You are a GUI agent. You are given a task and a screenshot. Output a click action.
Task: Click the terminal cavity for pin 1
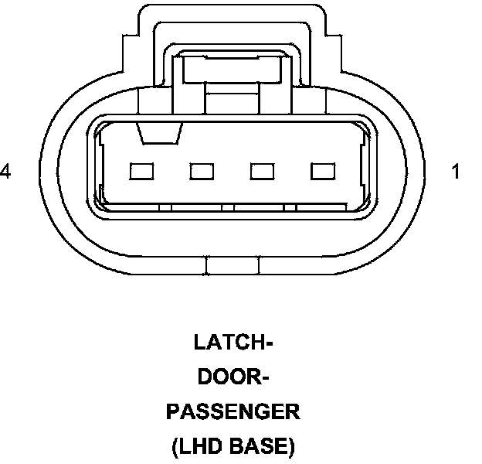[321, 171]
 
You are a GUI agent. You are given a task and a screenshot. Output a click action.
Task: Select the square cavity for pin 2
[262, 171]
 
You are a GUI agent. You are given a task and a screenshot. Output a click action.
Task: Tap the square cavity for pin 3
[202, 171]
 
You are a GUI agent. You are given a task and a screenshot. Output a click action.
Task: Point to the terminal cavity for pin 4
[142, 171]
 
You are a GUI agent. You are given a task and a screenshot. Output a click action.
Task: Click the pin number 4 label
[5, 172]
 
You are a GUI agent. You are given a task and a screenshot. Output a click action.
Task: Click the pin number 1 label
[456, 172]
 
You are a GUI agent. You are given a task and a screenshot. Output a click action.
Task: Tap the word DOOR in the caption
[229, 377]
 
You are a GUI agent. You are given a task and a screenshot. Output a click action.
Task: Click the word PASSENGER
[233, 412]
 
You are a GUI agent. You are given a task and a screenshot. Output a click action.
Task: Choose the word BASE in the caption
[261, 446]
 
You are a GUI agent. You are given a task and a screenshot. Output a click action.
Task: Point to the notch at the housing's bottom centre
[234, 267]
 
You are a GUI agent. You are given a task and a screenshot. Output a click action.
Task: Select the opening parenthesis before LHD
[175, 447]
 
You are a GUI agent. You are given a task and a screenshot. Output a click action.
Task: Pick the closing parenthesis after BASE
[292, 447]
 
